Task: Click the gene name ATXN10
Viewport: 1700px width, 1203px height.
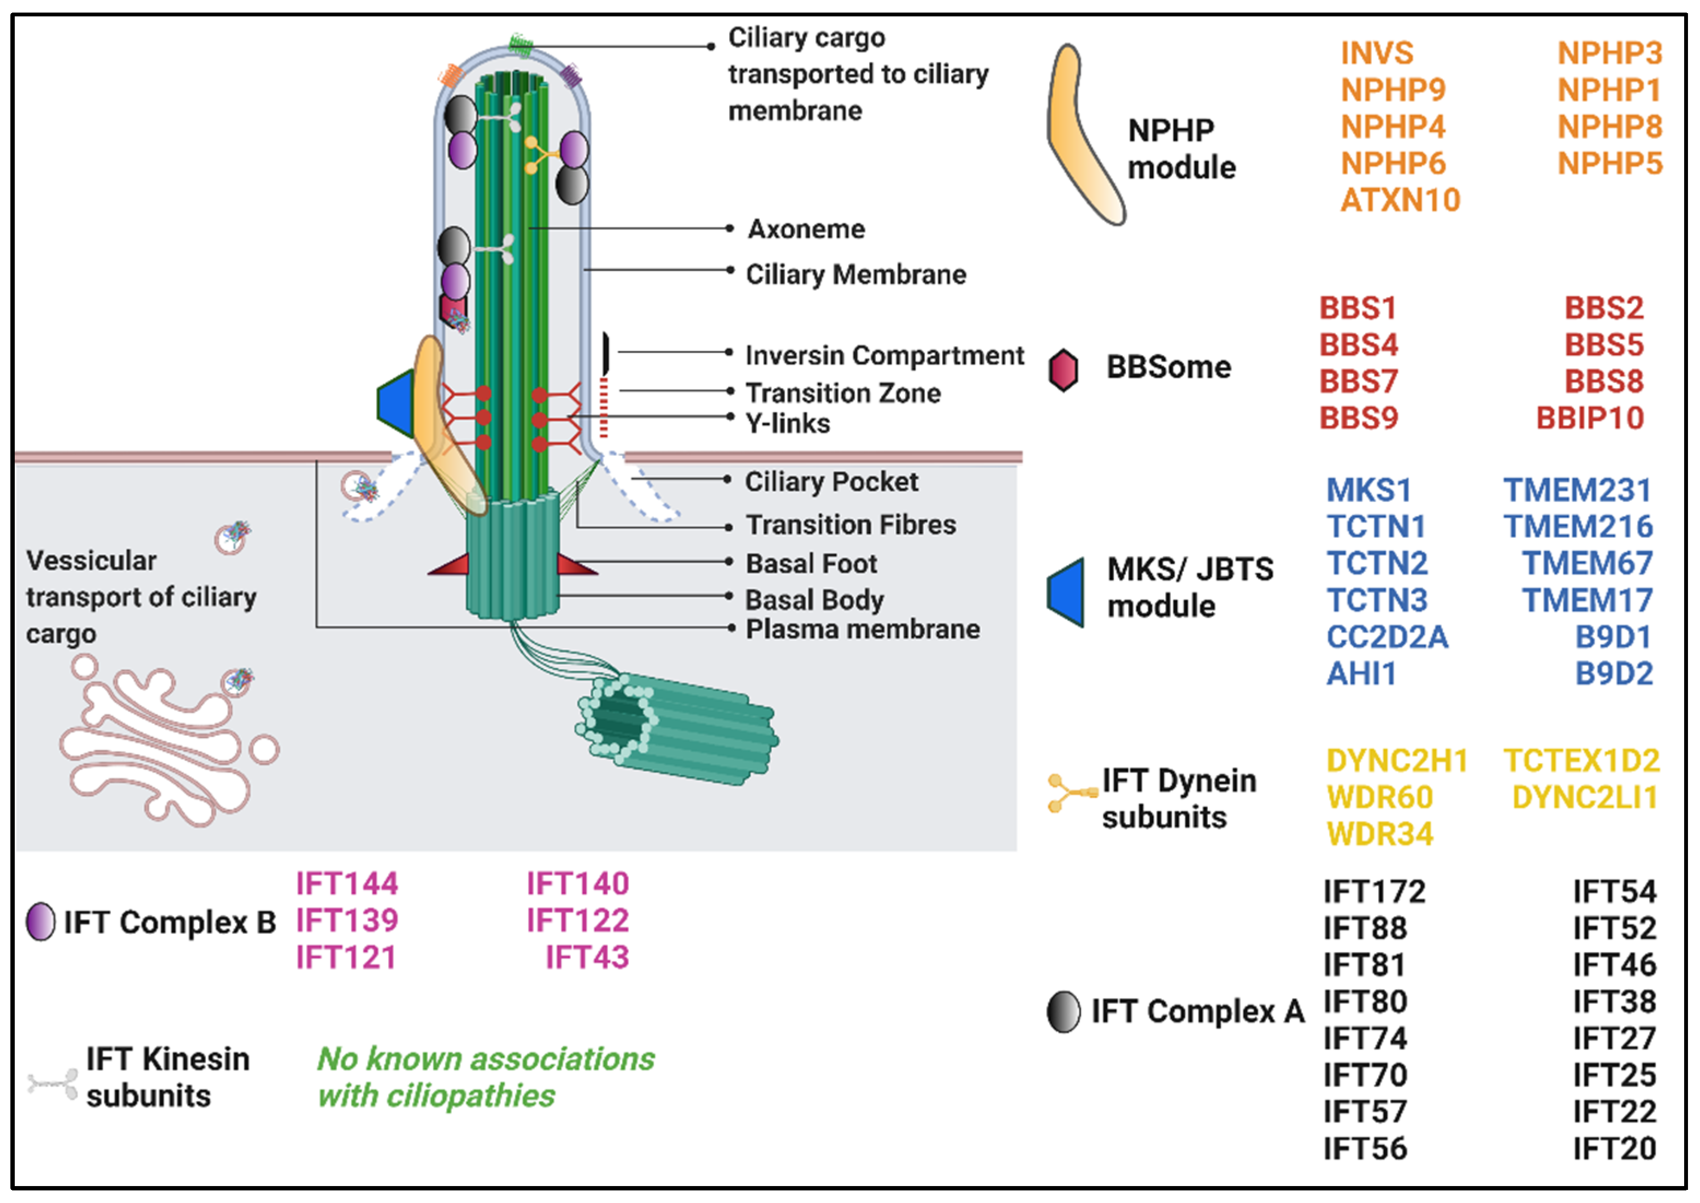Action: tap(1400, 200)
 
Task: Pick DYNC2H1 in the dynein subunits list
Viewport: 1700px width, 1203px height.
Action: tap(1396, 761)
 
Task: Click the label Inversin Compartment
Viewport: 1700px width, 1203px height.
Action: tap(884, 356)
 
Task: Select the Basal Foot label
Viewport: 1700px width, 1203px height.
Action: tap(811, 564)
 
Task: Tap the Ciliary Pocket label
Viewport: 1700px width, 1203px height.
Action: tap(831, 482)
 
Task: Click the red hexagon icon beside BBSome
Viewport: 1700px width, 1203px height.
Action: tap(1063, 369)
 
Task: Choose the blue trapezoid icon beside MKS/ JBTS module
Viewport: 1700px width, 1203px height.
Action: tap(1067, 592)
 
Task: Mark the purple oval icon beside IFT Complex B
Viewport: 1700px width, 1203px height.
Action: tap(41, 922)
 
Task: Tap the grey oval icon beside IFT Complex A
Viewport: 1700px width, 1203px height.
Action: tap(1063, 1012)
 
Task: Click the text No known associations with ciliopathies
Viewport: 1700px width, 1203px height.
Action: tap(485, 1078)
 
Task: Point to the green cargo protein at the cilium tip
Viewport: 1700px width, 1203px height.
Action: tap(521, 43)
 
